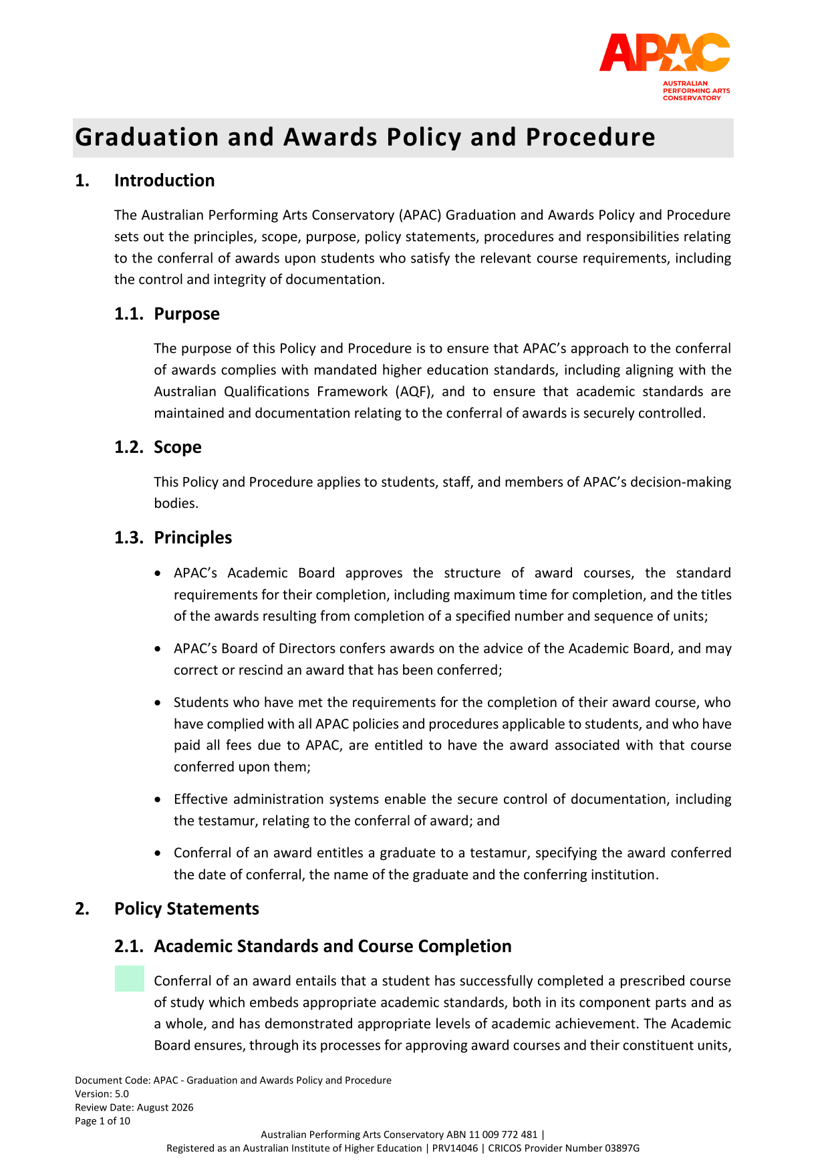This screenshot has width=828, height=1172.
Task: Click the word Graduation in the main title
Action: coord(146,137)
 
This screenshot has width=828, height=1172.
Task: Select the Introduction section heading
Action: coord(164,180)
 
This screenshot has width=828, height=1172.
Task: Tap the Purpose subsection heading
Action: coord(186,314)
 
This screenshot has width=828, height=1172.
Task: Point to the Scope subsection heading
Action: coord(177,447)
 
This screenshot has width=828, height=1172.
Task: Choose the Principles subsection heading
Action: coord(192,538)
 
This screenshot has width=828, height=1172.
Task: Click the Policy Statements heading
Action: coord(186,909)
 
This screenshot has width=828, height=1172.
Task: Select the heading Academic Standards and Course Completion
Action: coord(332,946)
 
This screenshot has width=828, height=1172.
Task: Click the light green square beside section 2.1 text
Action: coord(129,978)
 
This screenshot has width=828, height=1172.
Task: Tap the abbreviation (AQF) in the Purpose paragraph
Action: coord(413,392)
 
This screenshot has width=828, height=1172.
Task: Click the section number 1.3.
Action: coord(128,538)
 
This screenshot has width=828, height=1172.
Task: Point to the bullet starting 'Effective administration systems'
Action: coord(158,800)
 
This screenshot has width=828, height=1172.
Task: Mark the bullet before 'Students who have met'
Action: coord(158,703)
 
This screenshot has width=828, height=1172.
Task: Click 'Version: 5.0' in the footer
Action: coord(102,1094)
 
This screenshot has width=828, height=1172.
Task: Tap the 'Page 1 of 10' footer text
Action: coord(102,1121)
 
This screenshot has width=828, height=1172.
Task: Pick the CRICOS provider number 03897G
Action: coord(622,1148)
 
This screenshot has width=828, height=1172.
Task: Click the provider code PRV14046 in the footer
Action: coord(454,1148)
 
